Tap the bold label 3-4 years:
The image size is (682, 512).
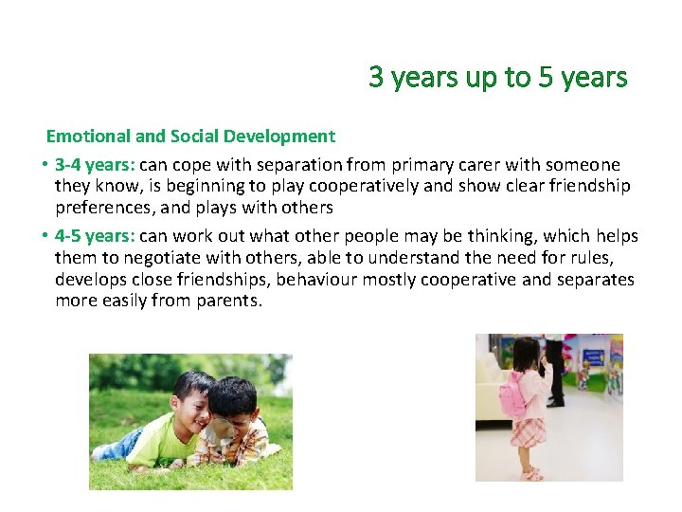(x=95, y=165)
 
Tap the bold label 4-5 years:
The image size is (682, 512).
(x=95, y=236)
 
